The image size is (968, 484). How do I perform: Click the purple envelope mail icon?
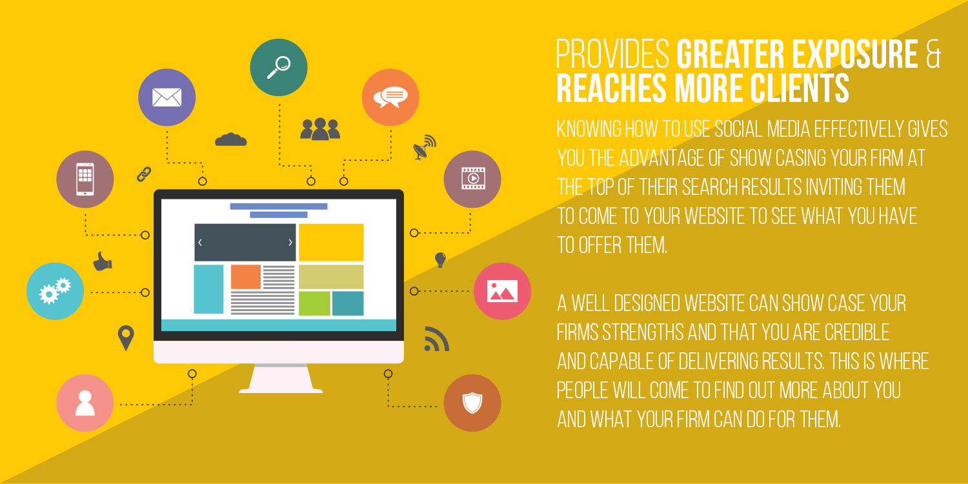pos(166,97)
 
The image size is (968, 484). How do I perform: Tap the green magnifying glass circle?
pos(279,67)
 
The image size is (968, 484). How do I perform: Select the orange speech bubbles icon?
pos(390,97)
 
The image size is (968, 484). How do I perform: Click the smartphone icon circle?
pos(85,179)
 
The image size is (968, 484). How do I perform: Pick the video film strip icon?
pos(472,179)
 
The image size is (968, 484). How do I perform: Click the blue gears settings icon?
pos(55,291)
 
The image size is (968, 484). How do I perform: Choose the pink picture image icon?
pos(502,291)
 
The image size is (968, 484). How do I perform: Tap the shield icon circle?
pos(472,403)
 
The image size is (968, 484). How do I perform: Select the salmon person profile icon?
pos(85,403)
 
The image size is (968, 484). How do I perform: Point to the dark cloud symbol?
pos(231,139)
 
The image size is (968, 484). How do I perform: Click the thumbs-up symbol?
pos(103,261)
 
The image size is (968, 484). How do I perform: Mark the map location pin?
pos(126,338)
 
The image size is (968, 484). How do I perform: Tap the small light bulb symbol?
pos(440,259)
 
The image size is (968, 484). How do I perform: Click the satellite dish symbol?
pos(425,147)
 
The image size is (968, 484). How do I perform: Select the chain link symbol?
pos(144,174)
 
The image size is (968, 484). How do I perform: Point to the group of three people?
pos(320,129)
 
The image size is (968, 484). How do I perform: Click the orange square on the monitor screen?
pos(246,277)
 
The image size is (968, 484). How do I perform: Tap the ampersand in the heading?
pos(933,54)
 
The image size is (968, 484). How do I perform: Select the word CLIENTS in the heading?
pos(800,88)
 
